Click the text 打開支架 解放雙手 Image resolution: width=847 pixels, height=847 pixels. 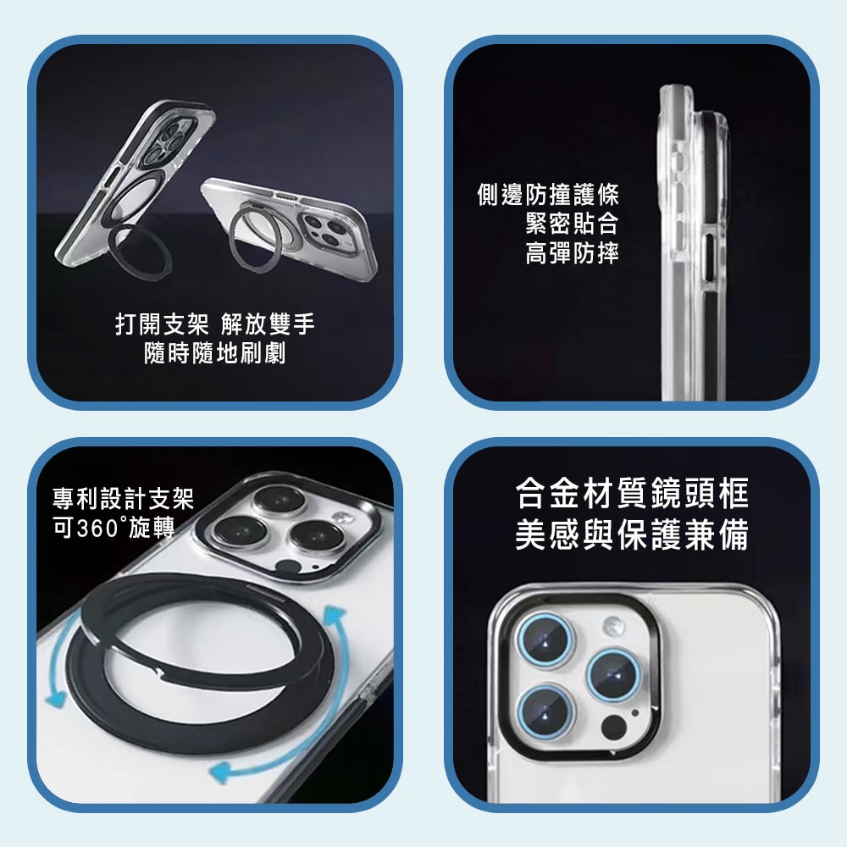point(215,324)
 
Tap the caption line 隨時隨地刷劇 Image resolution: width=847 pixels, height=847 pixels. point(215,354)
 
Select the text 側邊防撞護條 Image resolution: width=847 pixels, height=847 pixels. point(548,195)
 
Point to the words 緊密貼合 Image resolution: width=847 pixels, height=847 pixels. point(572,224)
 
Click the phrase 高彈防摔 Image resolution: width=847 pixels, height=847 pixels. point(572,252)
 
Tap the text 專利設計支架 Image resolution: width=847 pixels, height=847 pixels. point(123,498)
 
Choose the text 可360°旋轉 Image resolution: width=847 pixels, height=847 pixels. point(113,527)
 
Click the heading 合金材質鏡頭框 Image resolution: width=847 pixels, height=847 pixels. point(632,493)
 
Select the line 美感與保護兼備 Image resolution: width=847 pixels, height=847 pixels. point(632,534)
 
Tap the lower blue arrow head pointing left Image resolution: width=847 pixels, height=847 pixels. point(221,772)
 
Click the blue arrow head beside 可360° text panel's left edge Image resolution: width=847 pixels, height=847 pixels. point(55,699)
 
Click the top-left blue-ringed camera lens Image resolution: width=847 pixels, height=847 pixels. point(545,640)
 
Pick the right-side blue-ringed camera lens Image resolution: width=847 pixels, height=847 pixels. point(614,675)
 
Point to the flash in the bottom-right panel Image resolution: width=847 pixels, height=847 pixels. point(613,626)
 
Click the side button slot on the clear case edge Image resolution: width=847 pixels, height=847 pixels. point(709,257)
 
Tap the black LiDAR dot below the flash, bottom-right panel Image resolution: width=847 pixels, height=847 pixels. point(613,728)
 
